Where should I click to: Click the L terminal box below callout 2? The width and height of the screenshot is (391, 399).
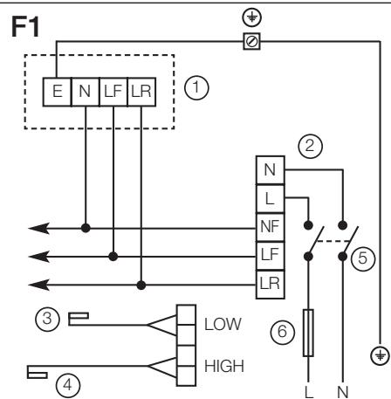pos(268,198)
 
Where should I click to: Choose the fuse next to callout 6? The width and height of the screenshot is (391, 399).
pos(307,332)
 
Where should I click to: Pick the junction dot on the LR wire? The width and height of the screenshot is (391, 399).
pos(141,284)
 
